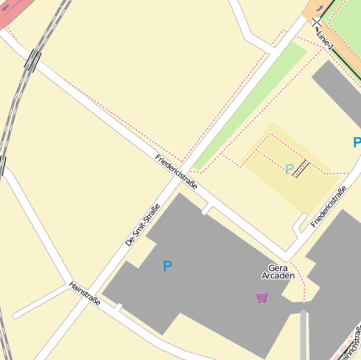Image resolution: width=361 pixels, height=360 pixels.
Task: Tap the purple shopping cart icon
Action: click(263, 297)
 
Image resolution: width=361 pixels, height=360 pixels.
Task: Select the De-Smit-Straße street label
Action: click(142, 225)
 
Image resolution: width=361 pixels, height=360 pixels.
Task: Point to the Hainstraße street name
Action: click(85, 292)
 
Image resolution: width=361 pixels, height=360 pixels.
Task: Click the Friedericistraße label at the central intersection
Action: click(176, 171)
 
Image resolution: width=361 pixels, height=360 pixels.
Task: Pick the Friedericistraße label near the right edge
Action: click(329, 206)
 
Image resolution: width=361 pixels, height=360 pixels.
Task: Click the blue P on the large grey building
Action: click(167, 267)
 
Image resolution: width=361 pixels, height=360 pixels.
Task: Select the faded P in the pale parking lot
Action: click(289, 170)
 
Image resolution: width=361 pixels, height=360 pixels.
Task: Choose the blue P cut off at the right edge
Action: click(357, 143)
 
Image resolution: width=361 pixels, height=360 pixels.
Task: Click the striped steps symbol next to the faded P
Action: click(300, 167)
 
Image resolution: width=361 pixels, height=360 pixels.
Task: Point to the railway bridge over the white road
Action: click(33, 61)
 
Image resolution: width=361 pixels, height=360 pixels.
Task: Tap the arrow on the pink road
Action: click(8, 7)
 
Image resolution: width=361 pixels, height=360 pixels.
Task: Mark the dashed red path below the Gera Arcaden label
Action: click(295, 287)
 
